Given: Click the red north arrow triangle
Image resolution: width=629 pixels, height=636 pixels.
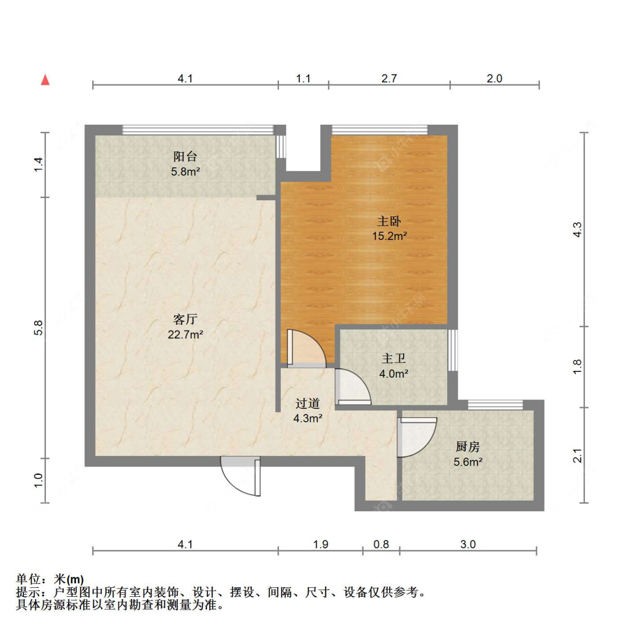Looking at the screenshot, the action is [45, 80].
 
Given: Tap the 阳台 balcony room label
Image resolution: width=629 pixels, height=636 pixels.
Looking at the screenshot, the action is [185, 157].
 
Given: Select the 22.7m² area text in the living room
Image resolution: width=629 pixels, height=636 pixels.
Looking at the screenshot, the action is [185, 335].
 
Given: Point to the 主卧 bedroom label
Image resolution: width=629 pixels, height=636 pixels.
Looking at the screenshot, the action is [389, 221].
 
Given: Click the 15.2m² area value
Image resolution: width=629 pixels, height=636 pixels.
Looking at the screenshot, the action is [389, 235].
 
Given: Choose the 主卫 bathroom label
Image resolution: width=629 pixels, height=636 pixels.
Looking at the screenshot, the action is [394, 359].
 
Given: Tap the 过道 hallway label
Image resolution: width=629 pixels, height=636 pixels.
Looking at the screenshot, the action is [308, 404].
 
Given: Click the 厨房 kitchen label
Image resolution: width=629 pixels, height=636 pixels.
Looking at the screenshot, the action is [467, 447].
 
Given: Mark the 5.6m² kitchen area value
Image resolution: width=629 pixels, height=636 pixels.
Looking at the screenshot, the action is [468, 462].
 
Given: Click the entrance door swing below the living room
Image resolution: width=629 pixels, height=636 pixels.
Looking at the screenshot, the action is [240, 476].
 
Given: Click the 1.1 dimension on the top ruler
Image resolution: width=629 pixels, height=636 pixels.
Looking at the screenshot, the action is [304, 78].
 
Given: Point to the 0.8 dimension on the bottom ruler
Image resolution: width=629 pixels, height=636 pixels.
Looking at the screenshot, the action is [381, 544].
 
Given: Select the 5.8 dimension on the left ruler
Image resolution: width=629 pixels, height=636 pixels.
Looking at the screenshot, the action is [38, 328].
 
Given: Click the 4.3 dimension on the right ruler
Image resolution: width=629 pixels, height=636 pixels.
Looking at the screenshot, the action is [577, 229].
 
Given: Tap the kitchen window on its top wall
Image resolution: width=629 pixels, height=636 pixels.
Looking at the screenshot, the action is [495, 405].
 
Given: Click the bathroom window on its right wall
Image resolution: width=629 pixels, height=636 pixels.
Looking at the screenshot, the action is [452, 350].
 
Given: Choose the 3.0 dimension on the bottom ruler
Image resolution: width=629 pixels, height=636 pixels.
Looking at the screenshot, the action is [468, 544].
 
